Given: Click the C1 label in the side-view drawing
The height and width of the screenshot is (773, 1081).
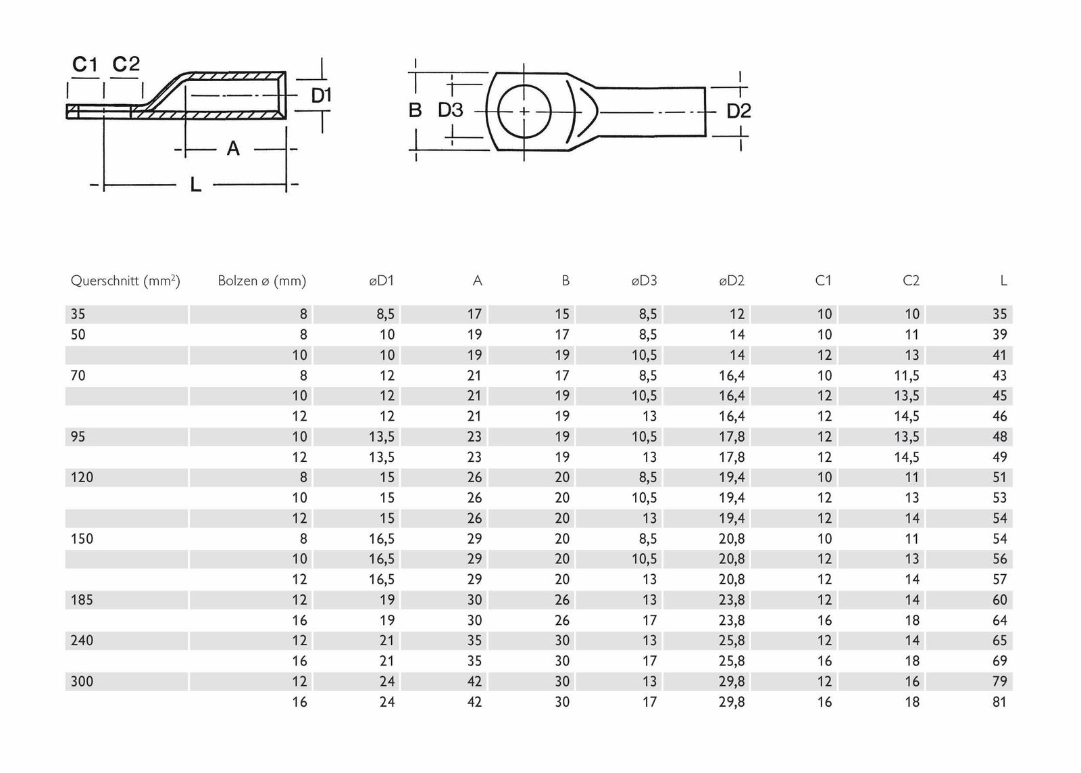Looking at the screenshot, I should (85, 64).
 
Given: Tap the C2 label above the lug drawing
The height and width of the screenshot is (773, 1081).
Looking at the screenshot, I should (126, 64).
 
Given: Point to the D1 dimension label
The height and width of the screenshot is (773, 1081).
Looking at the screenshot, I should (322, 96).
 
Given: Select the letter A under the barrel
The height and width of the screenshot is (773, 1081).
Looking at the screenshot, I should (233, 148).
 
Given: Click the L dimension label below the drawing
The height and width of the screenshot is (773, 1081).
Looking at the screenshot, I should (195, 184).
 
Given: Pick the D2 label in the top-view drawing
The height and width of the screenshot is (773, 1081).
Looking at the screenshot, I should (738, 111).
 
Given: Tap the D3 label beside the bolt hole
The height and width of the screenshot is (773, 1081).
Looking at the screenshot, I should (451, 110).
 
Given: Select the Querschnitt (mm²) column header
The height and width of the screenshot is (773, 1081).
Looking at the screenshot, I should (125, 281).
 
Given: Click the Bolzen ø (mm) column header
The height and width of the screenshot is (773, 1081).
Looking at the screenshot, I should (261, 281).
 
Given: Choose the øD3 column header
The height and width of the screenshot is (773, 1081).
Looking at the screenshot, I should (644, 281).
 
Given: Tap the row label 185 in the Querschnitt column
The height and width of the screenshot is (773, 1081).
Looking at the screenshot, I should (82, 600).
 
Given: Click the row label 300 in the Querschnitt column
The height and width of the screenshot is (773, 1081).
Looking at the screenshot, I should (82, 682).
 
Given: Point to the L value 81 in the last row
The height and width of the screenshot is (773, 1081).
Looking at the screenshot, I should (999, 702).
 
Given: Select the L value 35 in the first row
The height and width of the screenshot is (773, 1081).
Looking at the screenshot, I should (999, 314).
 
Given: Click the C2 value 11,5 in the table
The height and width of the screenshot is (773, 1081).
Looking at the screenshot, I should (907, 375).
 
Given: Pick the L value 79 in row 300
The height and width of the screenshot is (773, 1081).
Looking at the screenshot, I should (999, 682).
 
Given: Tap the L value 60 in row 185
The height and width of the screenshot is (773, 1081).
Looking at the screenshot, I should (999, 600).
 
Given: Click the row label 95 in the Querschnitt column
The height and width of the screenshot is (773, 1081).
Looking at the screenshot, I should (78, 437).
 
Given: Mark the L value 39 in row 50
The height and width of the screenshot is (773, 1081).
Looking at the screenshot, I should (999, 335).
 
